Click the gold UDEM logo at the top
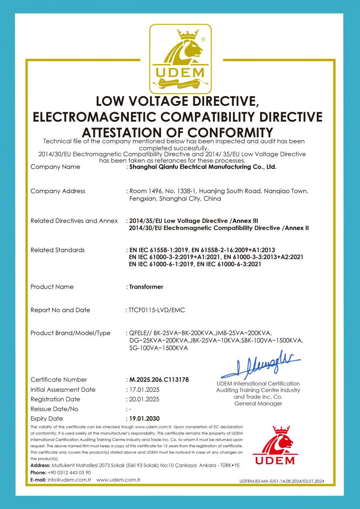point(180,59)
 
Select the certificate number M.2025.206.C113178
point(159,380)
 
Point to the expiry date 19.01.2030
point(144,418)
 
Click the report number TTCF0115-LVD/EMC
point(157,310)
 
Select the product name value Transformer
point(146,287)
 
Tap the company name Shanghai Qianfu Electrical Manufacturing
point(203,167)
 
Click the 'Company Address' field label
point(58,191)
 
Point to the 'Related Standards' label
point(57,250)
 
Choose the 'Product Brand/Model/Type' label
point(71,333)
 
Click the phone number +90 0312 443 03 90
point(69,473)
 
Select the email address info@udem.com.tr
point(69,480)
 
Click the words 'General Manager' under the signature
point(258,404)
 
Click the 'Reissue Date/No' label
point(55,409)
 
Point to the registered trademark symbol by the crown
point(203,39)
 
